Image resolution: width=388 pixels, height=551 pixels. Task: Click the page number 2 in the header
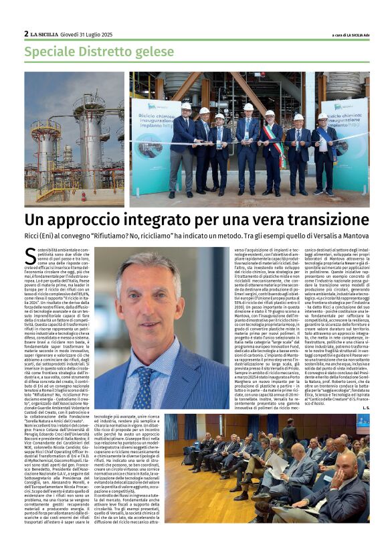pyautogui.click(x=26, y=33)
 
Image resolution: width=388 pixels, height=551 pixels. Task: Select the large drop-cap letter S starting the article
pyautogui.click(x=30, y=256)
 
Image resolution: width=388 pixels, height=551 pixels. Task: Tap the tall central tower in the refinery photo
pyautogui.click(x=88, y=141)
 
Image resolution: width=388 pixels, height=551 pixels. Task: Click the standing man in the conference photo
pyautogui.click(x=289, y=434)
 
